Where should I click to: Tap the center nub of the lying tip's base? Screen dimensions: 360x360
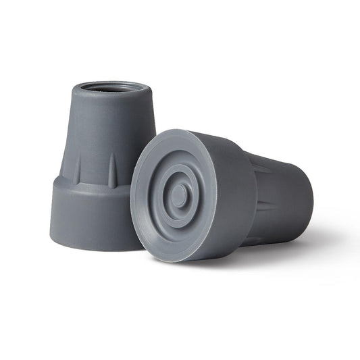click(x=179, y=196)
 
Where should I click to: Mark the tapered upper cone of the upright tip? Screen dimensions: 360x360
click(x=101, y=135)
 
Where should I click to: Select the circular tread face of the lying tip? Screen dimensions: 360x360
click(x=179, y=196)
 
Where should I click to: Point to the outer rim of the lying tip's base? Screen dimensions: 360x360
click(x=138, y=203)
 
